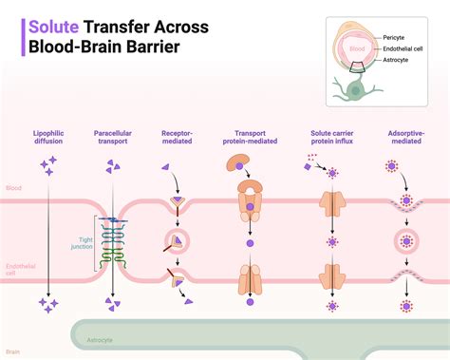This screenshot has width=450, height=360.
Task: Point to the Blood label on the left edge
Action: [x=12, y=189]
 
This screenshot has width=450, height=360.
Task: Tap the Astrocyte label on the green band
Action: [x=100, y=339]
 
